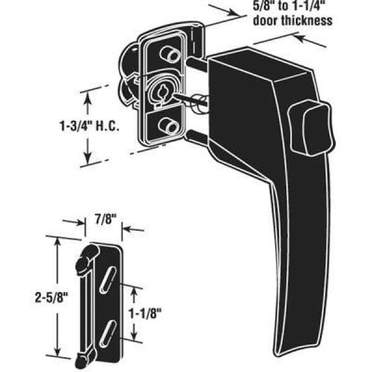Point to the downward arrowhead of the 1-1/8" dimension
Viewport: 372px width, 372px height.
[x=135, y=334]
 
